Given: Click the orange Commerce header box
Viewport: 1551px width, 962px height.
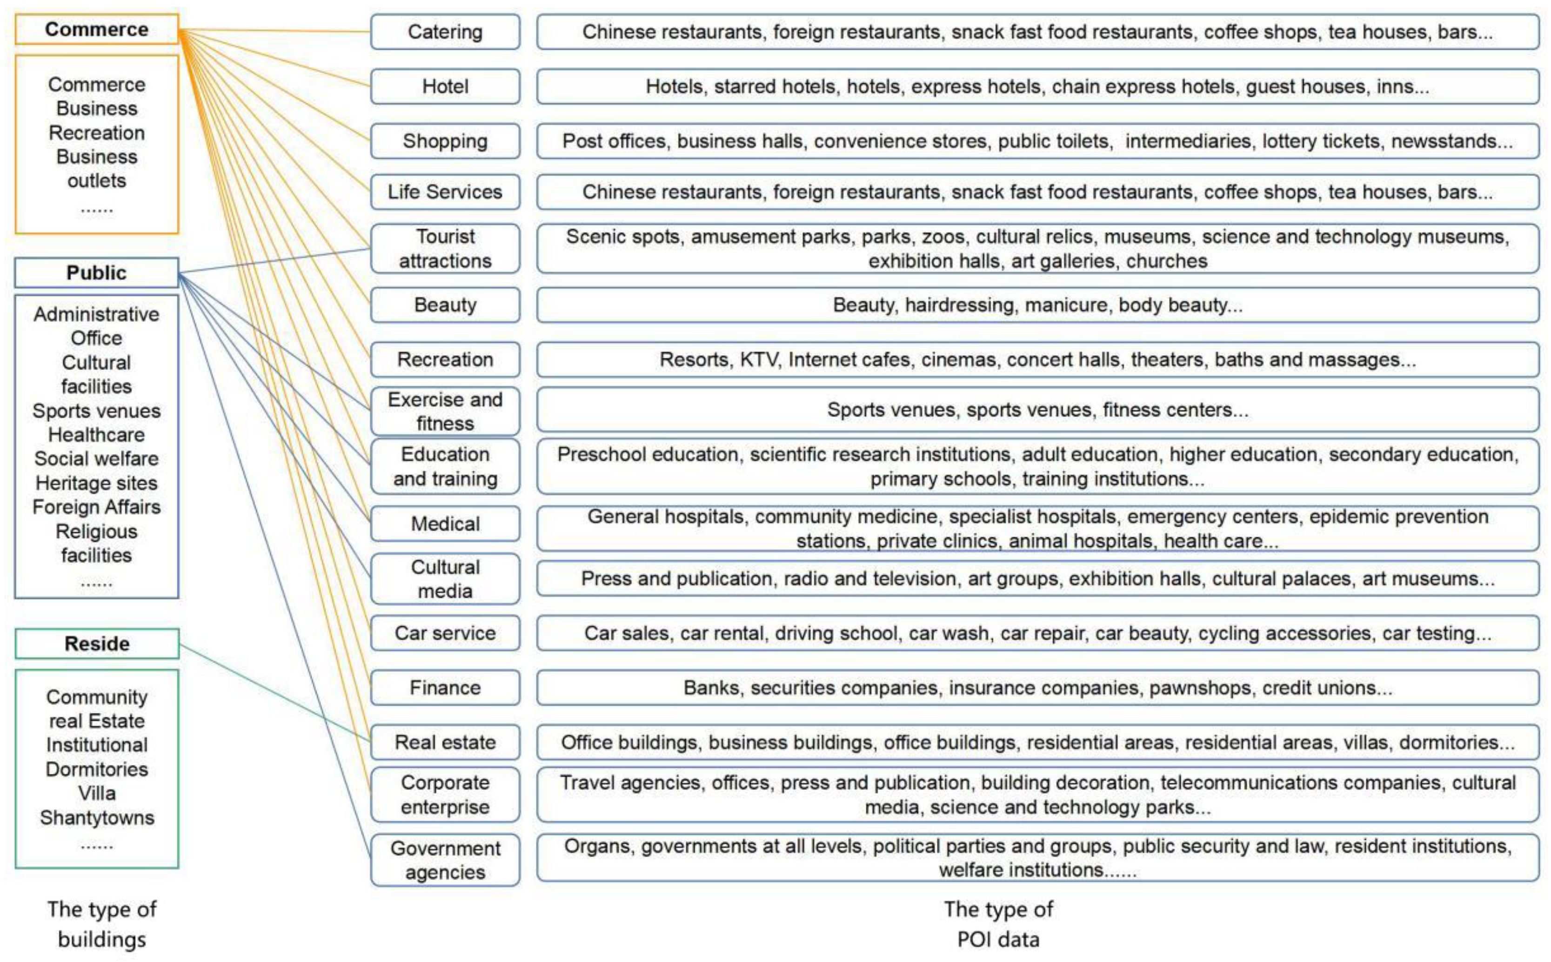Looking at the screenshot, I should [97, 29].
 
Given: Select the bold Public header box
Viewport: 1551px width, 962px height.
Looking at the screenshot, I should [97, 272].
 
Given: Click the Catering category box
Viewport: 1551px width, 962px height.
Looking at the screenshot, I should [445, 32].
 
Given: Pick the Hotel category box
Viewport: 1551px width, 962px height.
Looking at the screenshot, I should [445, 86].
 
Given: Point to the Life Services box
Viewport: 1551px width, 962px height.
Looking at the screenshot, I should [445, 192].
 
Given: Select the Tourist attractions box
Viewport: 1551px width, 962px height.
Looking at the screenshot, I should [445, 248].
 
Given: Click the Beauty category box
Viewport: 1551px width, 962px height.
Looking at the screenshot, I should [445, 305].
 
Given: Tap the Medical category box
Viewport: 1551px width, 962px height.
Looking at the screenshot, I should [445, 524].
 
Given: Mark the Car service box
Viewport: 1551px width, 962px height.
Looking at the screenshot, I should [445, 633].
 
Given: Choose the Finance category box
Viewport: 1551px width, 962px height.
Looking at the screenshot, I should [445, 688].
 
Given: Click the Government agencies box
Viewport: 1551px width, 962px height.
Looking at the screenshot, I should [445, 860].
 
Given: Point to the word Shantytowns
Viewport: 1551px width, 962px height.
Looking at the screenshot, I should [97, 817].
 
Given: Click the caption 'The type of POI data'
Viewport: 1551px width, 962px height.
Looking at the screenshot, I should [998, 924].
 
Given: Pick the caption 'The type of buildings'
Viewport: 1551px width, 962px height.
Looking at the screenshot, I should [102, 924].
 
